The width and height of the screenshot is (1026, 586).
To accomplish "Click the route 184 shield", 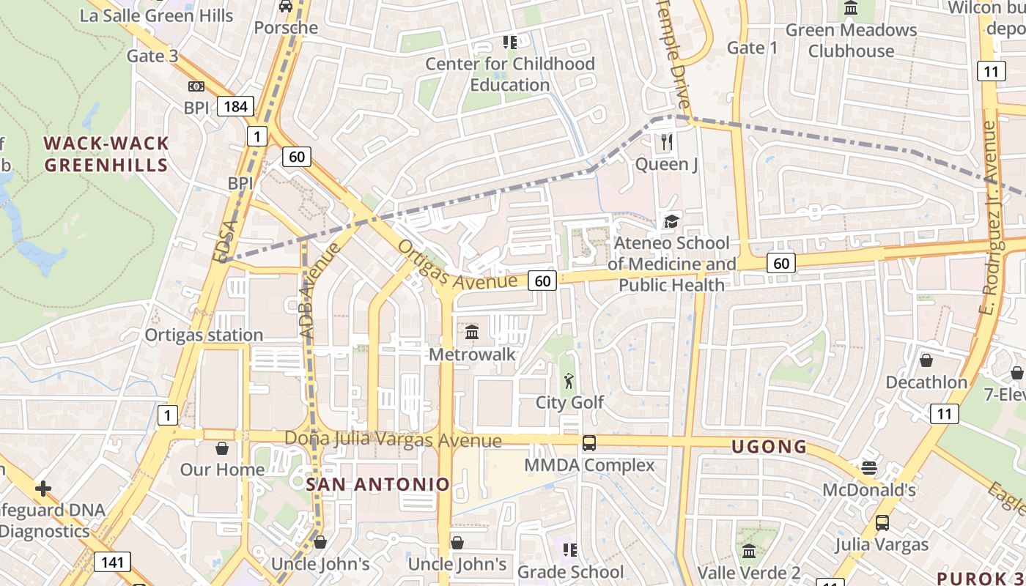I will pos(235,107).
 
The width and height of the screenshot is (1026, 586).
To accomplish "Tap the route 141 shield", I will pos(112,563).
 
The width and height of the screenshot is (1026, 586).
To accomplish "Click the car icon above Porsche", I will pos(286,7).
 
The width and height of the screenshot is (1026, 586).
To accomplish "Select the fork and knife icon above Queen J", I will pos(666,141).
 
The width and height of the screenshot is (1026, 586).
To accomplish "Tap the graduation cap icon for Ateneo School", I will pos(671,220).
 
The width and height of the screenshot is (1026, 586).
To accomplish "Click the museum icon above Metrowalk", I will pos(472,333).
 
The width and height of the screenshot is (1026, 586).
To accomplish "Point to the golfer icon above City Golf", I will pos(569,380).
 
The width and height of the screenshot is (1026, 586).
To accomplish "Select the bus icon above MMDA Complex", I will pos(588,443).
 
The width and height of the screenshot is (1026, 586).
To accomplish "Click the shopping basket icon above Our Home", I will pos(222,448).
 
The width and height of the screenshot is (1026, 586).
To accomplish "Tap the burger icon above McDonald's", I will pos(869,467).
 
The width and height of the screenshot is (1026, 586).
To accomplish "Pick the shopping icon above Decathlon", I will pos(926,360).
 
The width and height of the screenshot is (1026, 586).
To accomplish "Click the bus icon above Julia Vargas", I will pos(882,523).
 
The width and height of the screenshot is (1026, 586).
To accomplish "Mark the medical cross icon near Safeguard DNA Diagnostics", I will pos(43,488).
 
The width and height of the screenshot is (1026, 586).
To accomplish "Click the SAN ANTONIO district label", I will pos(377,484).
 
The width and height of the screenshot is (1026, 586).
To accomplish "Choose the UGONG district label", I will pos(769,447).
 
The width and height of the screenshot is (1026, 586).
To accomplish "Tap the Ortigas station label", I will pos(204,335).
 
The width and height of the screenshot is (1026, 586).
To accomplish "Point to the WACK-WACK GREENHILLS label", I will pos(106,154).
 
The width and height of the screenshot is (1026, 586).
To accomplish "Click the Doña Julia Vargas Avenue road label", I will pos(393,439).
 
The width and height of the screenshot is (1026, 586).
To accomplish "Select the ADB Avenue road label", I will pos(320,290).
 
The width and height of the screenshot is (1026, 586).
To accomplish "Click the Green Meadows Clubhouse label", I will pos(851,40).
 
